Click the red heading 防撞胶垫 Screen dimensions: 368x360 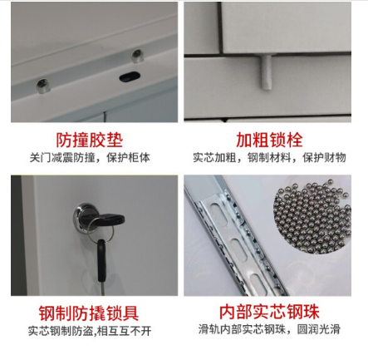pyautogui.click(x=89, y=140)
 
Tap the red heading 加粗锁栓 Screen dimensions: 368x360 pyautogui.click(x=269, y=140)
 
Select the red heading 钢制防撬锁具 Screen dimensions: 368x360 pyautogui.click(x=89, y=313)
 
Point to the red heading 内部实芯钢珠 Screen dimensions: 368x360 pyautogui.click(x=269, y=312)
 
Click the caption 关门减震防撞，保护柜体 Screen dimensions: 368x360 pyautogui.click(x=90, y=158)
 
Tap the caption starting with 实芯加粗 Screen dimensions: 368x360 pyautogui.click(x=269, y=157)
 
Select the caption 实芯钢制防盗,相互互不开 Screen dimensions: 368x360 pyautogui.click(x=90, y=331)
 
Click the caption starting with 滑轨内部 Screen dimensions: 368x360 pyautogui.click(x=269, y=329)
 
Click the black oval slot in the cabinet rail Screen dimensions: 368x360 pyautogui.click(x=130, y=76)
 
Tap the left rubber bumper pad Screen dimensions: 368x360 pyautogui.click(x=43, y=85)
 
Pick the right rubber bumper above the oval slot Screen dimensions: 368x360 pyautogui.click(x=137, y=56)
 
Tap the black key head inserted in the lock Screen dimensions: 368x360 pyautogui.click(x=108, y=219)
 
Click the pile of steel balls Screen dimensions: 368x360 pyautogui.click(x=312, y=215)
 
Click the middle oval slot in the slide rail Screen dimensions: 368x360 pyautogui.click(x=238, y=249)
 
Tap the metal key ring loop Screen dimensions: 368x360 pyautogui.click(x=101, y=233)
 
